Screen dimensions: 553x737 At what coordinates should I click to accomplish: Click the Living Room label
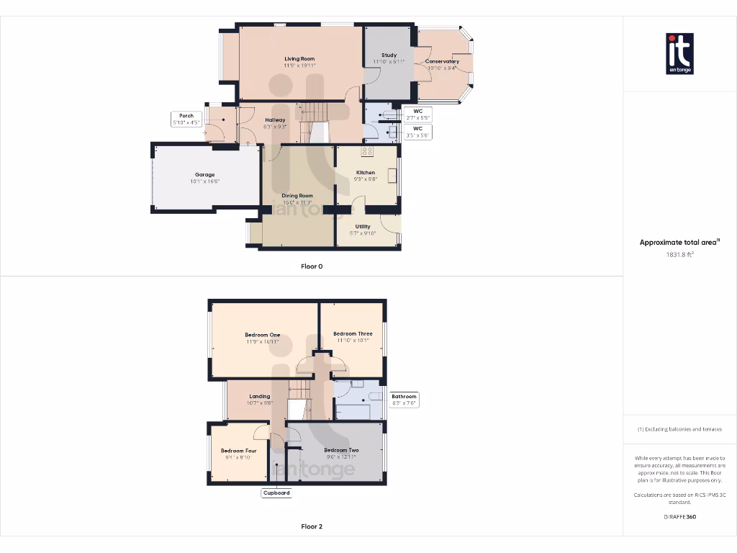click(299, 59)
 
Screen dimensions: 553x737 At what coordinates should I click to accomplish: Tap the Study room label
click(389, 55)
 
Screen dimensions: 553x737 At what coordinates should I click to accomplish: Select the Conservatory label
click(442, 62)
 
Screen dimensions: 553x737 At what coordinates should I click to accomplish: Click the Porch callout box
click(186, 120)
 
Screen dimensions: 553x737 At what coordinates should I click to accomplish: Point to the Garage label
click(205, 175)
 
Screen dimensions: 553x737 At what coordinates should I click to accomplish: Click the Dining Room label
click(297, 196)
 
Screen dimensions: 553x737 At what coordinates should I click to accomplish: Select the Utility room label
click(363, 227)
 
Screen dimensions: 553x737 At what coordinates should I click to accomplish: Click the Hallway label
click(275, 120)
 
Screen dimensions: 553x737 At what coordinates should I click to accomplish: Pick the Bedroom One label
click(262, 336)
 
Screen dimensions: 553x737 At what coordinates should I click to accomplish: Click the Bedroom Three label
click(353, 334)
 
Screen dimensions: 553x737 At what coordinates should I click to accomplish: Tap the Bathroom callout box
click(404, 400)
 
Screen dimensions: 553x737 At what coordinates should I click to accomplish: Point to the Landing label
click(260, 397)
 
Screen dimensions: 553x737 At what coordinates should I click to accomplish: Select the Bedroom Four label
click(238, 451)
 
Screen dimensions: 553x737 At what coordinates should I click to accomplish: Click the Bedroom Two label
click(341, 451)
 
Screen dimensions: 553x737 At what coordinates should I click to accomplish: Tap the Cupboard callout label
click(276, 493)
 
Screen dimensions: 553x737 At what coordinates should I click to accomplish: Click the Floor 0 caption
click(312, 266)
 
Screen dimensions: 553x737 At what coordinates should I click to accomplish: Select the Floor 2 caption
click(312, 526)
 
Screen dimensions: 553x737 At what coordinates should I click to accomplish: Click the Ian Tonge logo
click(679, 53)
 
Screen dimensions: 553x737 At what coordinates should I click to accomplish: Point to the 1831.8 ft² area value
click(679, 254)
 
